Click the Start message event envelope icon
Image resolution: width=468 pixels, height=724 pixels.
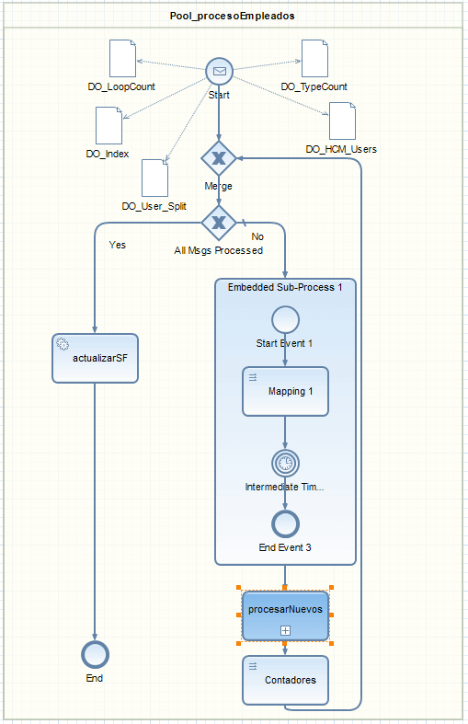coord(219,71)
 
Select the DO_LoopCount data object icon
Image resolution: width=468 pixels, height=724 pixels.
coord(123,58)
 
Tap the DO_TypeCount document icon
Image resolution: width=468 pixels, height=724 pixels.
coord(314,58)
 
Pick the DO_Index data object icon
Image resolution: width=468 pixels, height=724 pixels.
coord(108,126)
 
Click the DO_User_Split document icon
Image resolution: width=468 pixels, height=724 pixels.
coord(154,178)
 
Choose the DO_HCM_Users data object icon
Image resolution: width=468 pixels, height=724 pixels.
coord(342,121)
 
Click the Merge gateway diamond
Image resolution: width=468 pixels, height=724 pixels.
coord(219,158)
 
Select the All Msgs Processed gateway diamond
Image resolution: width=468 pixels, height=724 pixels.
coord(219,223)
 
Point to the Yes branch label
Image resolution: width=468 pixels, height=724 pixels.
coord(118,245)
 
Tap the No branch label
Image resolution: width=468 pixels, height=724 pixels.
coord(257,236)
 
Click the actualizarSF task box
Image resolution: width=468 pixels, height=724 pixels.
coord(95,358)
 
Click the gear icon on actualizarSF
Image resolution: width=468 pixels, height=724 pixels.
coord(63,344)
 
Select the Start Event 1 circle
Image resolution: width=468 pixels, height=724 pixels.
coord(285,319)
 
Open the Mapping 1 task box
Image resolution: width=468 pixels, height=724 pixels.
coord(285,392)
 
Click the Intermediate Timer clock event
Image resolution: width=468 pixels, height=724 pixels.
coord(285,463)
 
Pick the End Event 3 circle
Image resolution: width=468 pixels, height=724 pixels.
coord(285,524)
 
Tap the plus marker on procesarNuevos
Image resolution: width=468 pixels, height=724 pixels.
coord(285,631)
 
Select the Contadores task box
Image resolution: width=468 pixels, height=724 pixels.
coord(285,680)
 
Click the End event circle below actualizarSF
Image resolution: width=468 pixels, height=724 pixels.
coord(95,655)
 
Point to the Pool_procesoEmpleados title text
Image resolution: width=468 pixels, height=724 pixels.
coord(232,16)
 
